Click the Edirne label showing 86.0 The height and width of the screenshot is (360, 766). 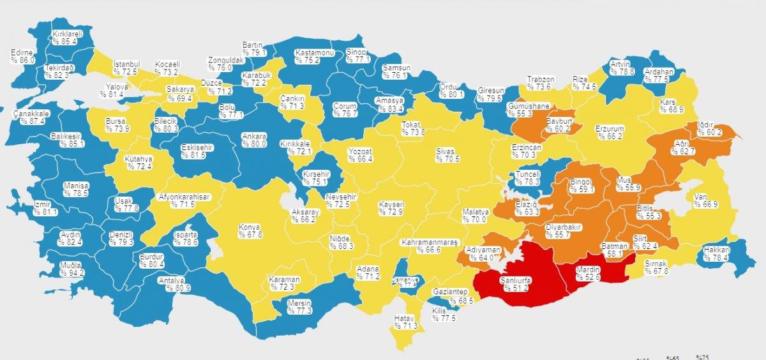point(22,56)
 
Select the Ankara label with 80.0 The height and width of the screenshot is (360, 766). point(253,140)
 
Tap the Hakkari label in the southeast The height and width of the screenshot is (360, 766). point(716,253)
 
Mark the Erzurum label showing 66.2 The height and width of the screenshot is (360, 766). point(608,132)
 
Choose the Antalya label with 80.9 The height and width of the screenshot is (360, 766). point(174,283)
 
